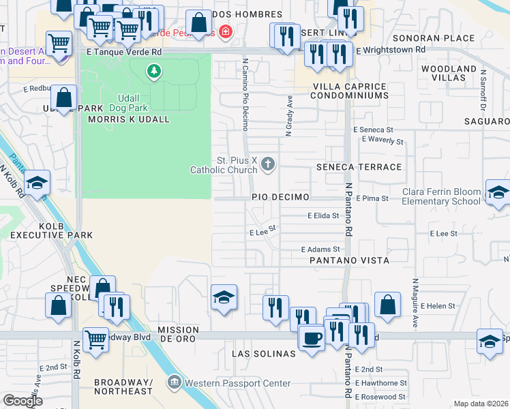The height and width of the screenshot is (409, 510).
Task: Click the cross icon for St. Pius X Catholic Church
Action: coord(268,164)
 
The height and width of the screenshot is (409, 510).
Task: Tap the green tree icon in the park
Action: coord(155,70)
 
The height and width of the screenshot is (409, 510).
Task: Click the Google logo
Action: coord(22,401)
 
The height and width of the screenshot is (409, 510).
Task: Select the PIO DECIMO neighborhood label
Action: coord(281,197)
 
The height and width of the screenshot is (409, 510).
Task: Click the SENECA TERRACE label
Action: coord(359,167)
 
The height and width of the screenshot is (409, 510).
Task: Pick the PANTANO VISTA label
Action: coord(348,260)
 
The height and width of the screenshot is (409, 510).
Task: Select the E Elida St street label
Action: coord(323,215)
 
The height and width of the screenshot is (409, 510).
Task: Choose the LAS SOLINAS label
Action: coord(263,354)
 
